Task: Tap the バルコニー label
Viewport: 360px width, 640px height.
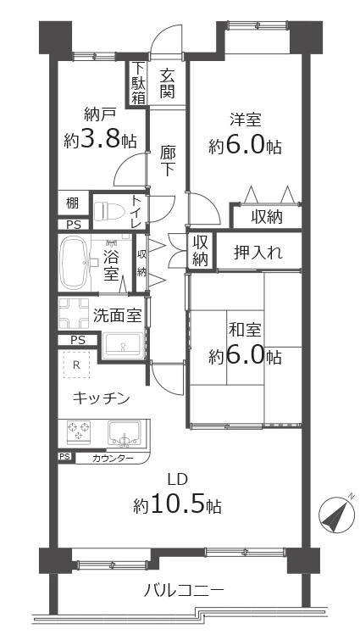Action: click(x=183, y=591)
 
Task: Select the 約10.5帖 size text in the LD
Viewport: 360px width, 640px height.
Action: click(x=178, y=506)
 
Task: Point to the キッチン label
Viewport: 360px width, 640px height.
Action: click(x=101, y=397)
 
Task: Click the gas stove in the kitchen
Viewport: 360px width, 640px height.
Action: click(x=80, y=432)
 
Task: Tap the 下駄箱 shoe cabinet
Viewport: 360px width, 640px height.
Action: click(x=138, y=83)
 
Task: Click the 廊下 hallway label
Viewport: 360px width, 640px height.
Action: click(x=168, y=161)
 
